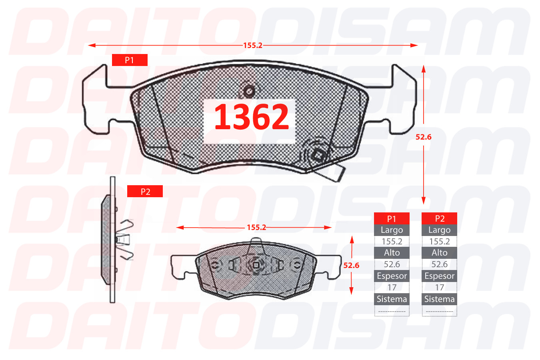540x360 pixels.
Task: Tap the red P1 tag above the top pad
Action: pyautogui.click(x=130, y=60)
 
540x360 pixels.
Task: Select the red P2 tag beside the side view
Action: pyautogui.click(x=145, y=192)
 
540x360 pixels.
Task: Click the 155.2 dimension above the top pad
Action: pyautogui.click(x=253, y=45)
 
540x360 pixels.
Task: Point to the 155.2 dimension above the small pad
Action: pyautogui.click(x=256, y=227)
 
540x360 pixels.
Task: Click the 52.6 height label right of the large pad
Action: pyautogui.click(x=424, y=137)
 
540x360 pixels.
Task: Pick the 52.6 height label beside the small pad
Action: pyautogui.click(x=351, y=266)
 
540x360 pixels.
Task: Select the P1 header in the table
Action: pyautogui.click(x=392, y=219)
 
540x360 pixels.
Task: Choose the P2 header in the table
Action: pyautogui.click(x=439, y=219)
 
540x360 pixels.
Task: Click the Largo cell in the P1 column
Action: pyautogui.click(x=392, y=230)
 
